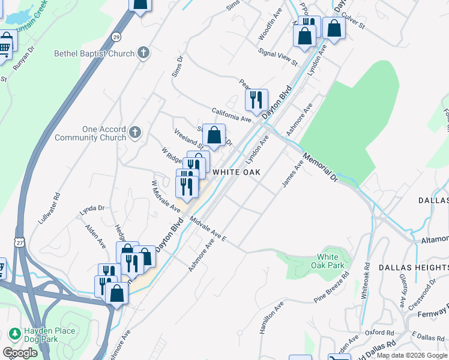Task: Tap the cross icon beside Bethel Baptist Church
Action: click(x=143, y=53)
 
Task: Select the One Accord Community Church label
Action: click(x=90, y=133)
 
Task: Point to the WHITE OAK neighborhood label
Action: click(x=237, y=172)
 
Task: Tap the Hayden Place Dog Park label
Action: click(x=50, y=335)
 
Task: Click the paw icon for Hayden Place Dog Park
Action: click(x=14, y=333)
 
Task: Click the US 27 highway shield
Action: click(x=20, y=241)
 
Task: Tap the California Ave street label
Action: click(x=231, y=115)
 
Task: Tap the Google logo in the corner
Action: click(x=20, y=352)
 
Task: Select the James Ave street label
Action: click(x=293, y=173)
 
